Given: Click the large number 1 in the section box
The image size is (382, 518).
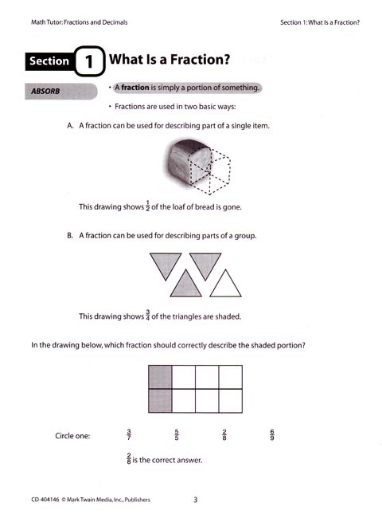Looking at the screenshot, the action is [x=89, y=61].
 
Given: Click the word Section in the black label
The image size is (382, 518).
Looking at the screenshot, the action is [x=49, y=61].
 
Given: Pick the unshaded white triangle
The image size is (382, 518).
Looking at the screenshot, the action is [x=224, y=285].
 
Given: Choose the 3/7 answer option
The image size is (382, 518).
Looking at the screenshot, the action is [x=129, y=434].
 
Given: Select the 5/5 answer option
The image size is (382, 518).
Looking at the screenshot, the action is [x=176, y=434].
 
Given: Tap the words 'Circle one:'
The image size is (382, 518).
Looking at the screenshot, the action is [x=72, y=436].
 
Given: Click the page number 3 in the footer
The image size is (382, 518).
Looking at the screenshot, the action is [x=195, y=500].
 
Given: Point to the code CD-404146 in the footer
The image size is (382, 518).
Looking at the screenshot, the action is [x=46, y=500].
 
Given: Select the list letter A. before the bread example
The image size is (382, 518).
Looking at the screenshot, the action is [x=71, y=126].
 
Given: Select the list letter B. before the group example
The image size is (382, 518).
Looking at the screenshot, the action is [x=71, y=235].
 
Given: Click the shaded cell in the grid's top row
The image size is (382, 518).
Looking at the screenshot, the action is [x=160, y=377].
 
